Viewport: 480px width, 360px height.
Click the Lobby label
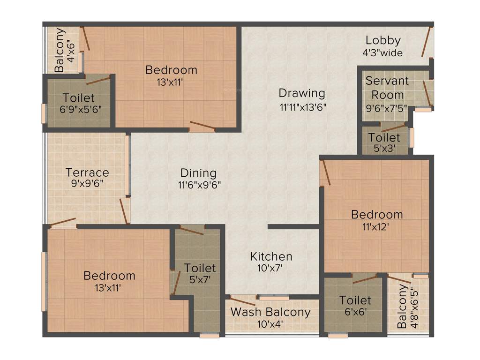(x=383, y=40)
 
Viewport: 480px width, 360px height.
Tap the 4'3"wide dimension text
(x=382, y=53)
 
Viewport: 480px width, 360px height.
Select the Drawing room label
(x=302, y=93)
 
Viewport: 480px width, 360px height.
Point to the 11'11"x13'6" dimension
(x=302, y=106)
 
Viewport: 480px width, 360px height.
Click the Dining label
(x=198, y=172)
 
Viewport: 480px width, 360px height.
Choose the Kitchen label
(x=271, y=256)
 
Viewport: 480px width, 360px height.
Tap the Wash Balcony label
(x=270, y=312)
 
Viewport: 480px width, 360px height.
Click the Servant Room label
(x=387, y=88)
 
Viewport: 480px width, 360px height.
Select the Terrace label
(x=87, y=172)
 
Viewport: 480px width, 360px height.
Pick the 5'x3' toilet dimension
(x=384, y=149)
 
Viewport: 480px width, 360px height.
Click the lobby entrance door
(x=427, y=42)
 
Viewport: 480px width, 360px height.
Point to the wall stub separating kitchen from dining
(x=293, y=227)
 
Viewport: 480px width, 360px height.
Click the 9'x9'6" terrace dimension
(x=87, y=184)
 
